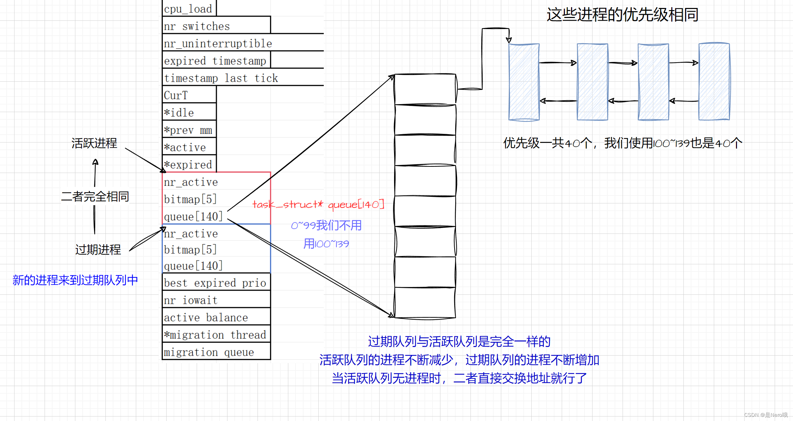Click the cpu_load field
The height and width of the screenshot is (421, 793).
tap(188, 9)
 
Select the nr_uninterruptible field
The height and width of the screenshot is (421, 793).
tap(218, 44)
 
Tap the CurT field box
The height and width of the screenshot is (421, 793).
tap(189, 95)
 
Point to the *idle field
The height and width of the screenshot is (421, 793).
tap(189, 112)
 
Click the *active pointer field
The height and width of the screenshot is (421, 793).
tap(189, 147)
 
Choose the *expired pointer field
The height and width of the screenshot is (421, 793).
tap(189, 165)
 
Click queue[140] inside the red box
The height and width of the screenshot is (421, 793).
tap(193, 217)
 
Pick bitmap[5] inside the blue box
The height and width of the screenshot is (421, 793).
tap(190, 249)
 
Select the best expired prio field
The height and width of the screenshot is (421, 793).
tap(215, 283)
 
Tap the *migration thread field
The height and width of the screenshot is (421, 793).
tap(215, 335)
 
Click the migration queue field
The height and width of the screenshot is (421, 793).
tap(209, 352)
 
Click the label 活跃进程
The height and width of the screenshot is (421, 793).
tap(94, 143)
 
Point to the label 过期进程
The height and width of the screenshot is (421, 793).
tap(98, 249)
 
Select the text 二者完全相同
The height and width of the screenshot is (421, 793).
tap(95, 196)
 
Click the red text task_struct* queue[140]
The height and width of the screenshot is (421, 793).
tap(318, 204)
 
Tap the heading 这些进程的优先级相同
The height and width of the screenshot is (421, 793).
tap(622, 15)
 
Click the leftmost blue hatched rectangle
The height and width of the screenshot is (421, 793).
tap(524, 82)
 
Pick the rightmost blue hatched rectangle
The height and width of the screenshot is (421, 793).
tap(714, 82)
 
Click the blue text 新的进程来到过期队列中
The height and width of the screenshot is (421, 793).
tap(75, 280)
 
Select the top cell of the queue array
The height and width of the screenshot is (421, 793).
tap(425, 89)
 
